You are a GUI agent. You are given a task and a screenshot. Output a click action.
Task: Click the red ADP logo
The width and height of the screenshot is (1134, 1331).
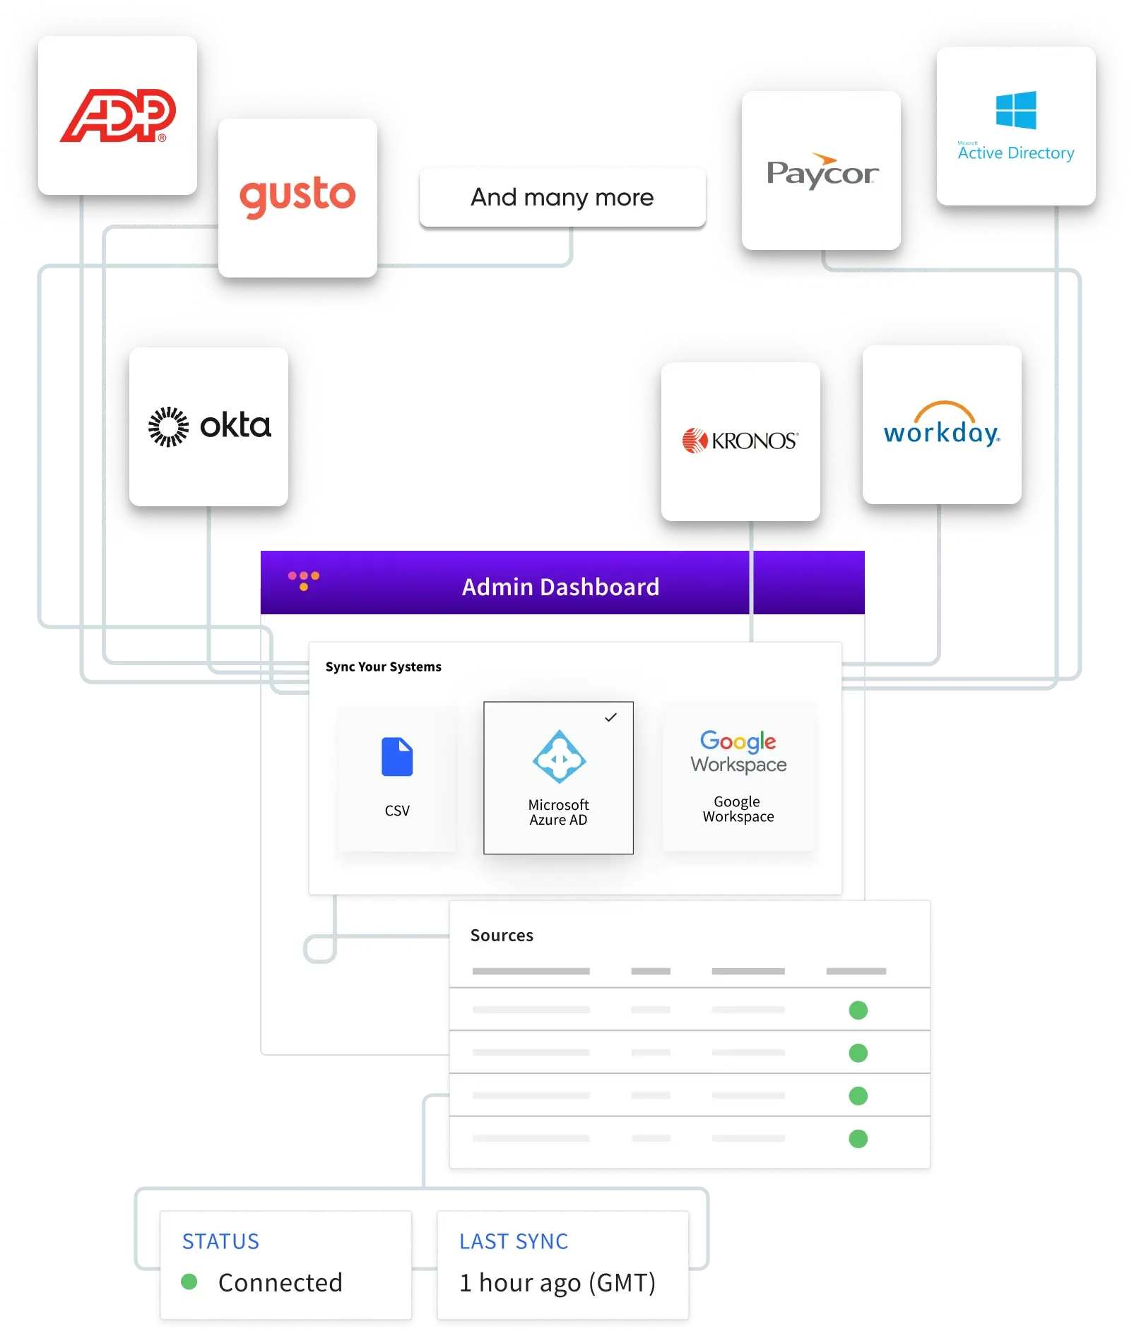(117, 116)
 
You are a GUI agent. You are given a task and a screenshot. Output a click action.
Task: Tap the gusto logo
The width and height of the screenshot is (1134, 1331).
(297, 196)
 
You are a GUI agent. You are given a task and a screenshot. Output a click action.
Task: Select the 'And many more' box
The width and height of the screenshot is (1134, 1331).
(562, 197)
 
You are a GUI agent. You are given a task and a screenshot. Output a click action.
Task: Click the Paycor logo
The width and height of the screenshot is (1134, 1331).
(822, 172)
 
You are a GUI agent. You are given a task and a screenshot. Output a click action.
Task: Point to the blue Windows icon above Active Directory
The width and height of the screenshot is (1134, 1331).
(1015, 110)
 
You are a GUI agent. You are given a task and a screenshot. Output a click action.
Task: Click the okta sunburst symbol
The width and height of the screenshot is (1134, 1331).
(168, 426)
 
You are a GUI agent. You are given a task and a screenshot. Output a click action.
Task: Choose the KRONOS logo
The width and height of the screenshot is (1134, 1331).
(740, 441)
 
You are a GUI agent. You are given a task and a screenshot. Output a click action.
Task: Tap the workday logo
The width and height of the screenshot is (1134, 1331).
(941, 425)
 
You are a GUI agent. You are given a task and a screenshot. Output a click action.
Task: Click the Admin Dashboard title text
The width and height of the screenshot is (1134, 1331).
(560, 587)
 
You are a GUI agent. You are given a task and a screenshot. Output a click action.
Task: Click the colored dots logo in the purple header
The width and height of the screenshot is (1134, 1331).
(304, 580)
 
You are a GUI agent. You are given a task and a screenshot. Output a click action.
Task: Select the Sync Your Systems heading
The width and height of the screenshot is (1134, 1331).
(383, 667)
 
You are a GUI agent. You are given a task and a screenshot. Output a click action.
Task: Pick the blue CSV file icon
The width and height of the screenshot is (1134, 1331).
(397, 757)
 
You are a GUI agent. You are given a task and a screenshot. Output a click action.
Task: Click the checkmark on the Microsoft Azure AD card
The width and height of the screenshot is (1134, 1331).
(611, 717)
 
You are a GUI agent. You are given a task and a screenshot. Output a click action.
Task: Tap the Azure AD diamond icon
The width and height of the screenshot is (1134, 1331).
(558, 757)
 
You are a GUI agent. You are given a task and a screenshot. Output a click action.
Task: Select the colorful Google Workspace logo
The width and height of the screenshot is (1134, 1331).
(738, 752)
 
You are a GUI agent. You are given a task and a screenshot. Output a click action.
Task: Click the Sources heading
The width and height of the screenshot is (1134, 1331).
(502, 935)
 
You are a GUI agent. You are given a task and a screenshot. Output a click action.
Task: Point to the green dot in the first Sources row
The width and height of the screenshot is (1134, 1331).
(858, 1010)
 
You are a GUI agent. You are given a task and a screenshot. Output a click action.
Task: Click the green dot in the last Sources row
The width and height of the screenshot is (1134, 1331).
(858, 1138)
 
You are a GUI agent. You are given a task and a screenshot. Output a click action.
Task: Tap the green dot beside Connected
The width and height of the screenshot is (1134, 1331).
(189, 1282)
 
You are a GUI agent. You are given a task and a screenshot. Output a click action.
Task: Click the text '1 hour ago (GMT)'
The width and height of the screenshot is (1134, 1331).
(557, 1282)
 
